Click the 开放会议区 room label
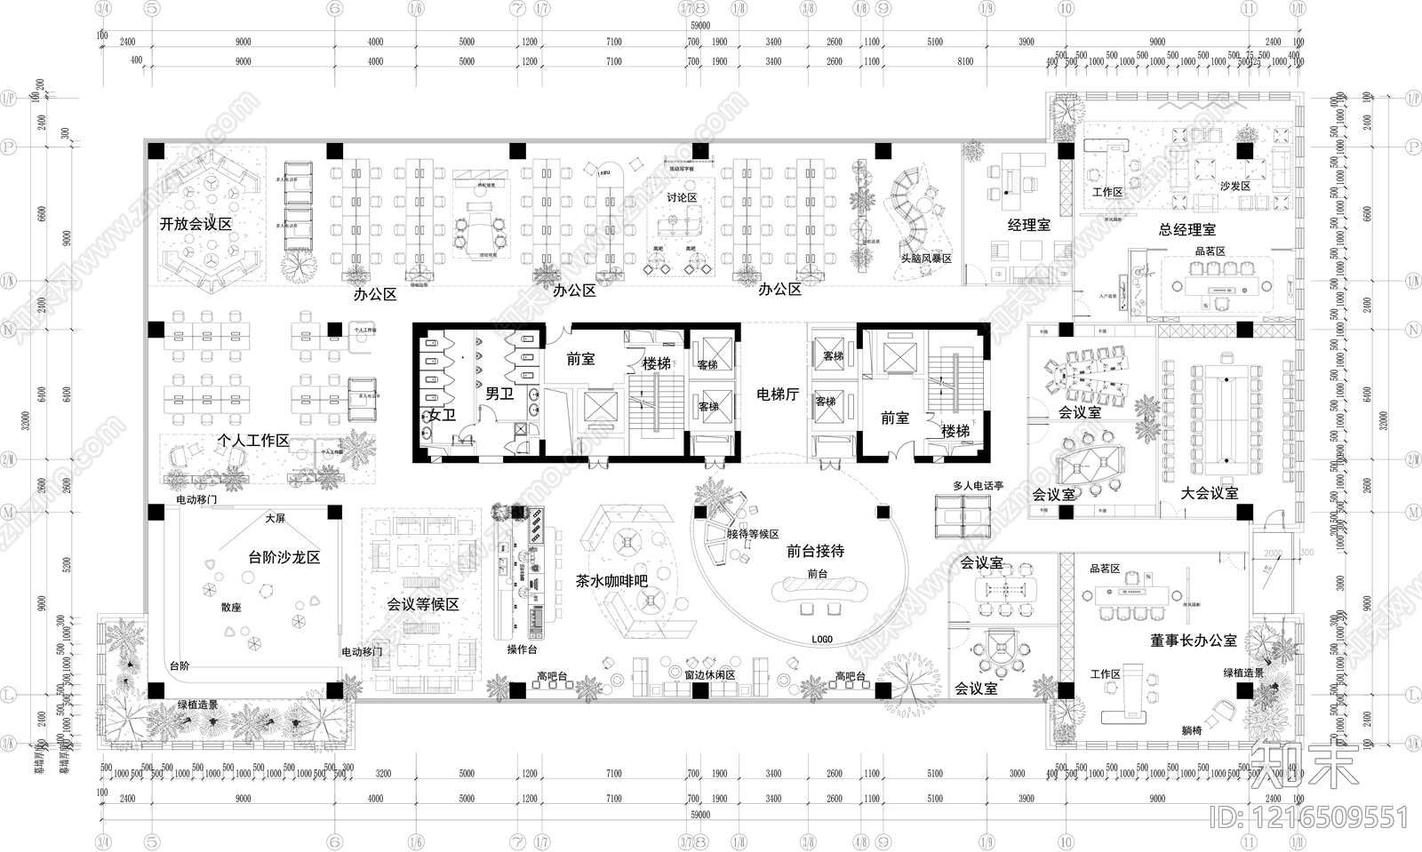coord(196,225)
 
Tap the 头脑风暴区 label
coord(925,259)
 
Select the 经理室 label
coord(1028,226)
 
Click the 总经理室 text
coord(1186,230)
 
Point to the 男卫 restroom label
coord(499,394)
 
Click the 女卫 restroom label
coord(442,415)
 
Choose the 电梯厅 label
coord(777,394)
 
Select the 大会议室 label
coord(1209,492)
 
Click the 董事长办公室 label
coord(1193,641)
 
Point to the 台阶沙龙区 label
coord(284,558)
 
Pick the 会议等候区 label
coord(422,604)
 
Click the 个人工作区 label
coord(253,441)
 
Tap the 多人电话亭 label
coord(978,486)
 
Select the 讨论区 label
coord(682,197)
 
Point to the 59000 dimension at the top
coord(699,27)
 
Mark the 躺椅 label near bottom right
coord(1191,731)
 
